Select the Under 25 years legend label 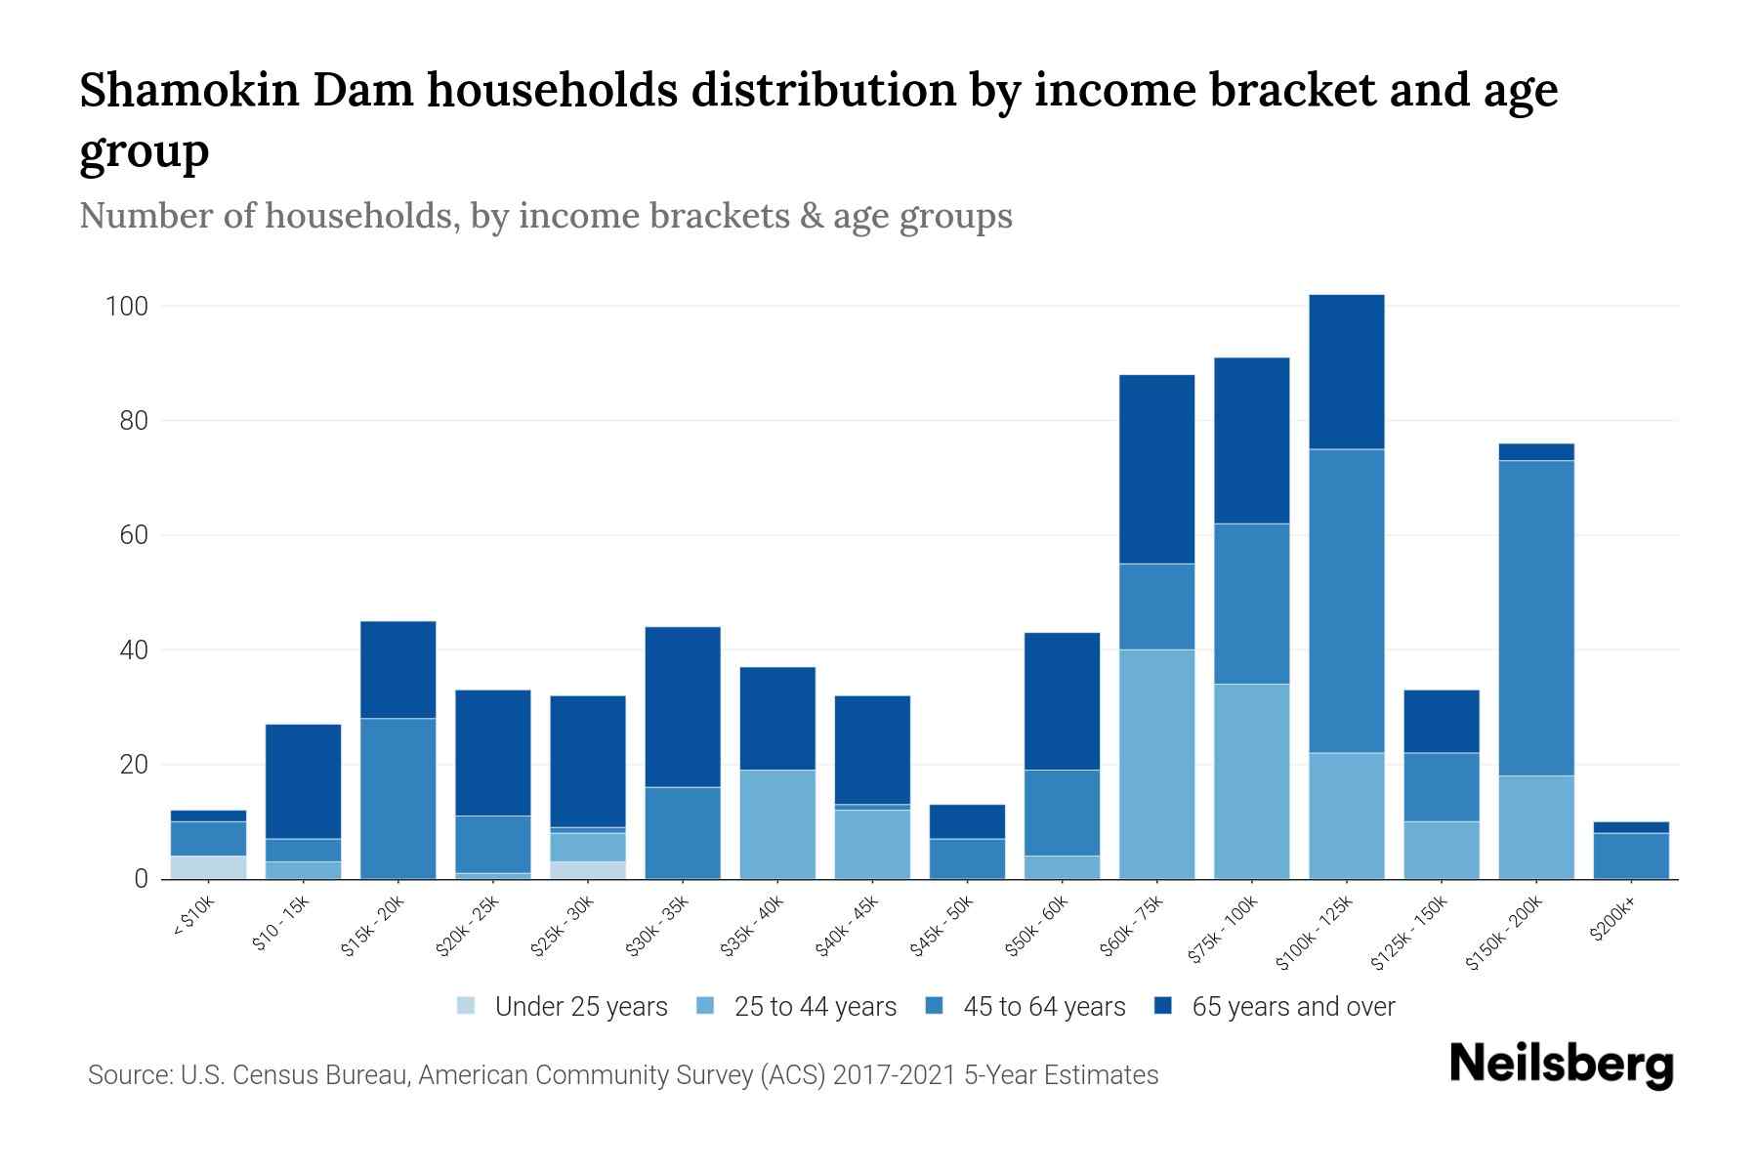(580, 1006)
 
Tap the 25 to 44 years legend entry (815, 1006)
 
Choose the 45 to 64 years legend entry (1044, 1006)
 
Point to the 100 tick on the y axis (126, 307)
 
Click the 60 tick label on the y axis (134, 535)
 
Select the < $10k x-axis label (194, 918)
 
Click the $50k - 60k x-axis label (1038, 926)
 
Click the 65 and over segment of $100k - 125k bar (1347, 372)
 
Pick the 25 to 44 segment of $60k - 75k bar (1157, 764)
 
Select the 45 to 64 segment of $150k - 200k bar (1536, 617)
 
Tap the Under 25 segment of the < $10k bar (208, 867)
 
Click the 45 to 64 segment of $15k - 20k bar (398, 798)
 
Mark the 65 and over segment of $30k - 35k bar (683, 706)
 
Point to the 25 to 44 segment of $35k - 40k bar (777, 824)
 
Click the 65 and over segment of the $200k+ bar (1631, 827)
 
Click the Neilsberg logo (1561, 1064)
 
